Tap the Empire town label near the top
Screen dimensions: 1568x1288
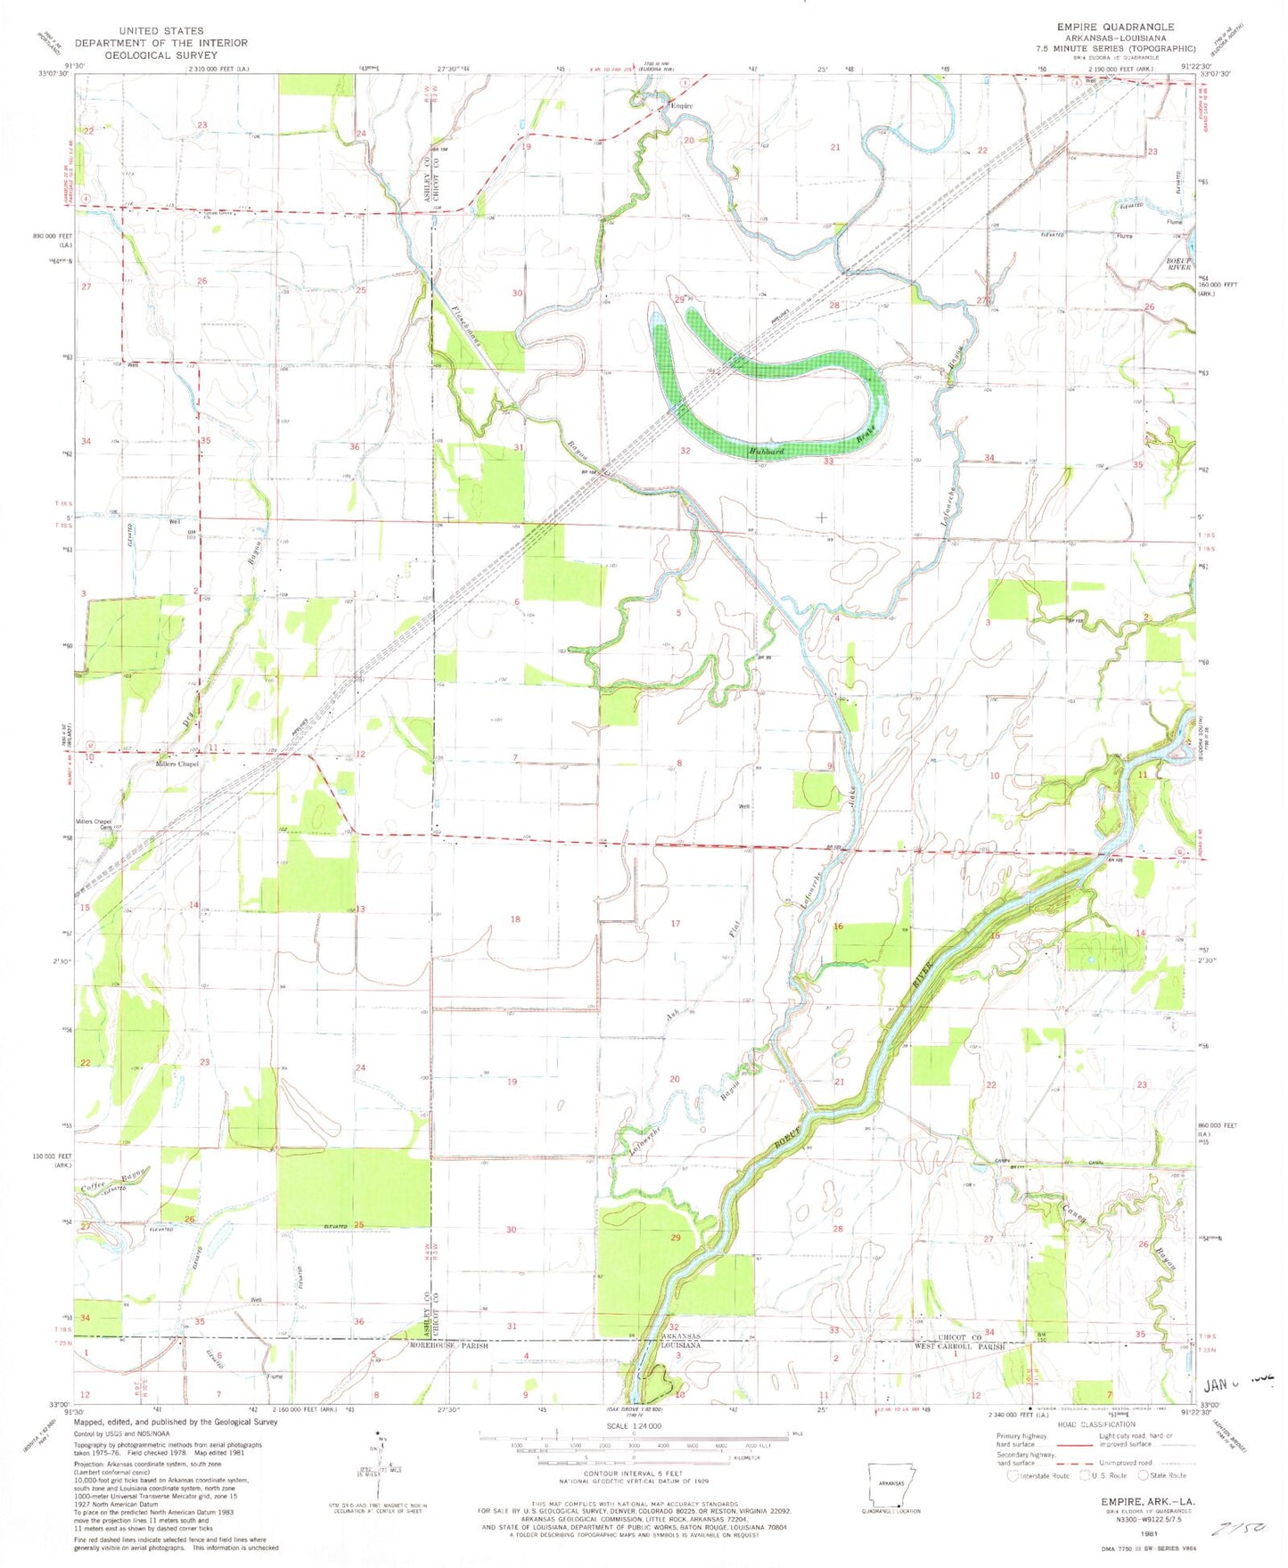pyautogui.click(x=682, y=106)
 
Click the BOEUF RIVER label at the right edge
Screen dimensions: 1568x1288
pyautogui.click(x=1178, y=263)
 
